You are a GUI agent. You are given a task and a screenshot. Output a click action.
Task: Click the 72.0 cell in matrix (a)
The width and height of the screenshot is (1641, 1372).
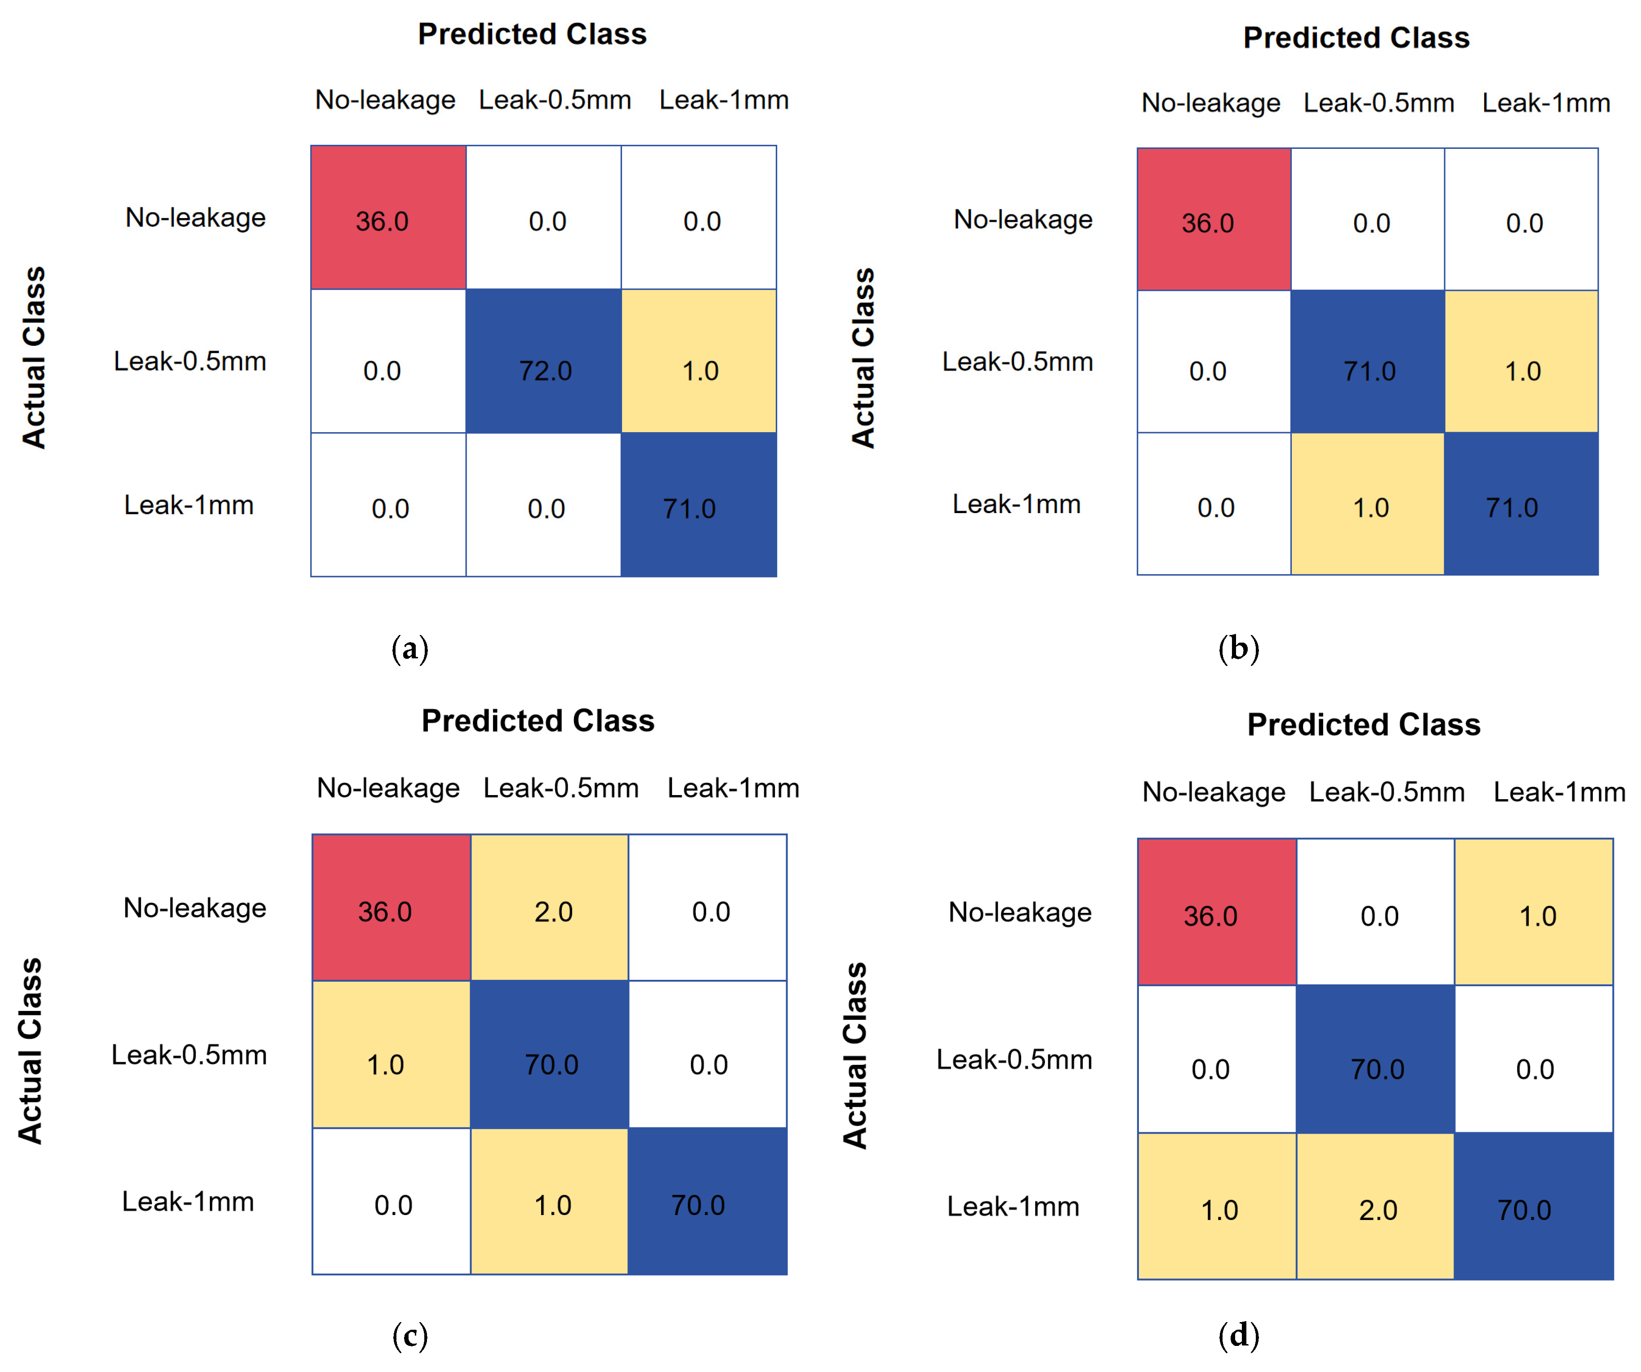coord(544,361)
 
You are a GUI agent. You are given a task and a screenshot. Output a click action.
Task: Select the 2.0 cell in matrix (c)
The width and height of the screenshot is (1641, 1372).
coord(549,907)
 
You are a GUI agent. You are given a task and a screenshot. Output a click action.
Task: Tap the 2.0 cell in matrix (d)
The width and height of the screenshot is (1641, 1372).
coord(1375,1206)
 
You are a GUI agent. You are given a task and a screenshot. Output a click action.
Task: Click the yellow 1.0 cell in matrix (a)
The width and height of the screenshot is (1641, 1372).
coord(698,361)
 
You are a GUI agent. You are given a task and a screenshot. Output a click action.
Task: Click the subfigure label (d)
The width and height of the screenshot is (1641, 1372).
coord(1239,1335)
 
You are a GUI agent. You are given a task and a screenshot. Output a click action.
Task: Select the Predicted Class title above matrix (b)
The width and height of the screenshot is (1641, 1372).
coord(1356,37)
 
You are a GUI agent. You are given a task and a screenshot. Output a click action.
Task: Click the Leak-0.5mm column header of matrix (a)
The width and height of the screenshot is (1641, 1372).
coord(555,100)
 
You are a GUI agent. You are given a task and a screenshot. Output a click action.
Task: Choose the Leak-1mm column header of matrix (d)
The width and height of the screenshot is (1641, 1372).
coord(1559,792)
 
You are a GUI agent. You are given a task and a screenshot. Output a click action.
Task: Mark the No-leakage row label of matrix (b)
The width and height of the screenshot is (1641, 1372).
coord(1023,220)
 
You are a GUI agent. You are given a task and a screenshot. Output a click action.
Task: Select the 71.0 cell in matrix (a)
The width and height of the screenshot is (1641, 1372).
coord(698,505)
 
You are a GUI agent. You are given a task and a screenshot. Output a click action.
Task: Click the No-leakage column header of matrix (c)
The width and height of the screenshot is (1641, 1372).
coord(388,788)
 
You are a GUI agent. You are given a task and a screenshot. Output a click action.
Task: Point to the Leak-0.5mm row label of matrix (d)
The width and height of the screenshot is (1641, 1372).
coord(1014,1059)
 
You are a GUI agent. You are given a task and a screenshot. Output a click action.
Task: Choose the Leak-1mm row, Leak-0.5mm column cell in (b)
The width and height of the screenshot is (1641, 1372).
coord(1367,504)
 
